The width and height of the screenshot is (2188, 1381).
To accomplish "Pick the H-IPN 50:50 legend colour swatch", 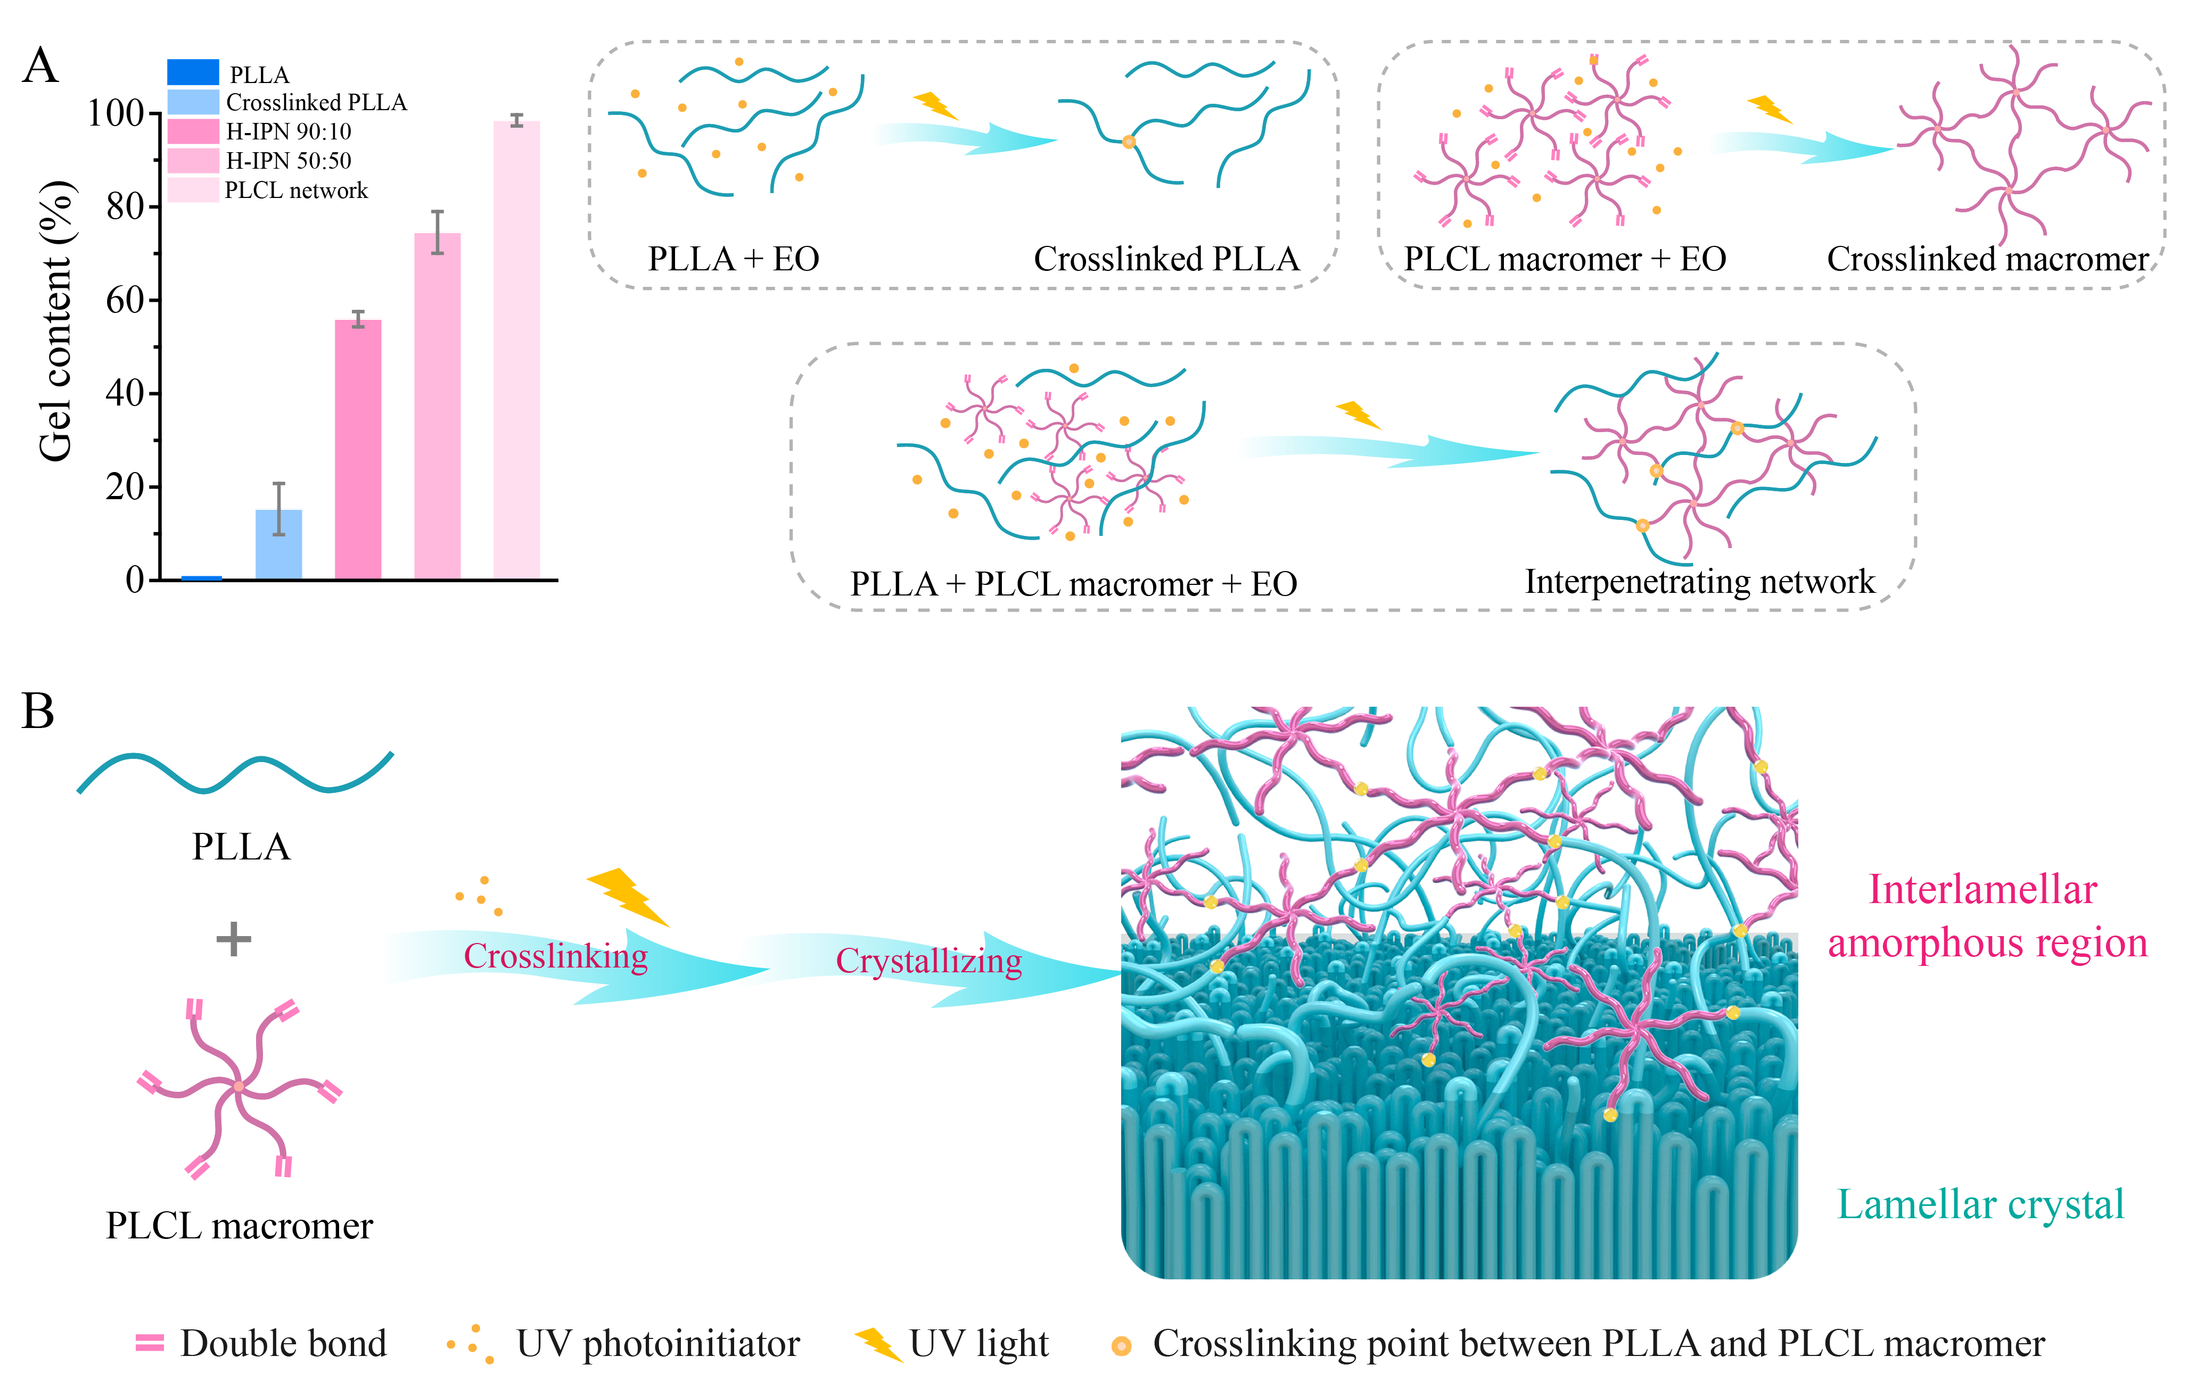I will click(x=193, y=161).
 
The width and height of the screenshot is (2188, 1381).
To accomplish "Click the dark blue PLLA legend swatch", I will click(x=193, y=72).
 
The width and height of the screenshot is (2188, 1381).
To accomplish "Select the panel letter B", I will click(x=38, y=712).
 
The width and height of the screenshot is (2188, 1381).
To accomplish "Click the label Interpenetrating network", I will click(x=1699, y=582).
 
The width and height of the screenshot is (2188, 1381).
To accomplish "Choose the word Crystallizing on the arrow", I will click(x=928, y=961).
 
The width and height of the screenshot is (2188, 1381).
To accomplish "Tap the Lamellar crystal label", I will click(x=1981, y=1205).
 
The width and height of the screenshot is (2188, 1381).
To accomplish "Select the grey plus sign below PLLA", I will click(x=234, y=939).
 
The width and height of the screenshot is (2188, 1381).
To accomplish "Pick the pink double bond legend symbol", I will click(x=150, y=1343).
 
